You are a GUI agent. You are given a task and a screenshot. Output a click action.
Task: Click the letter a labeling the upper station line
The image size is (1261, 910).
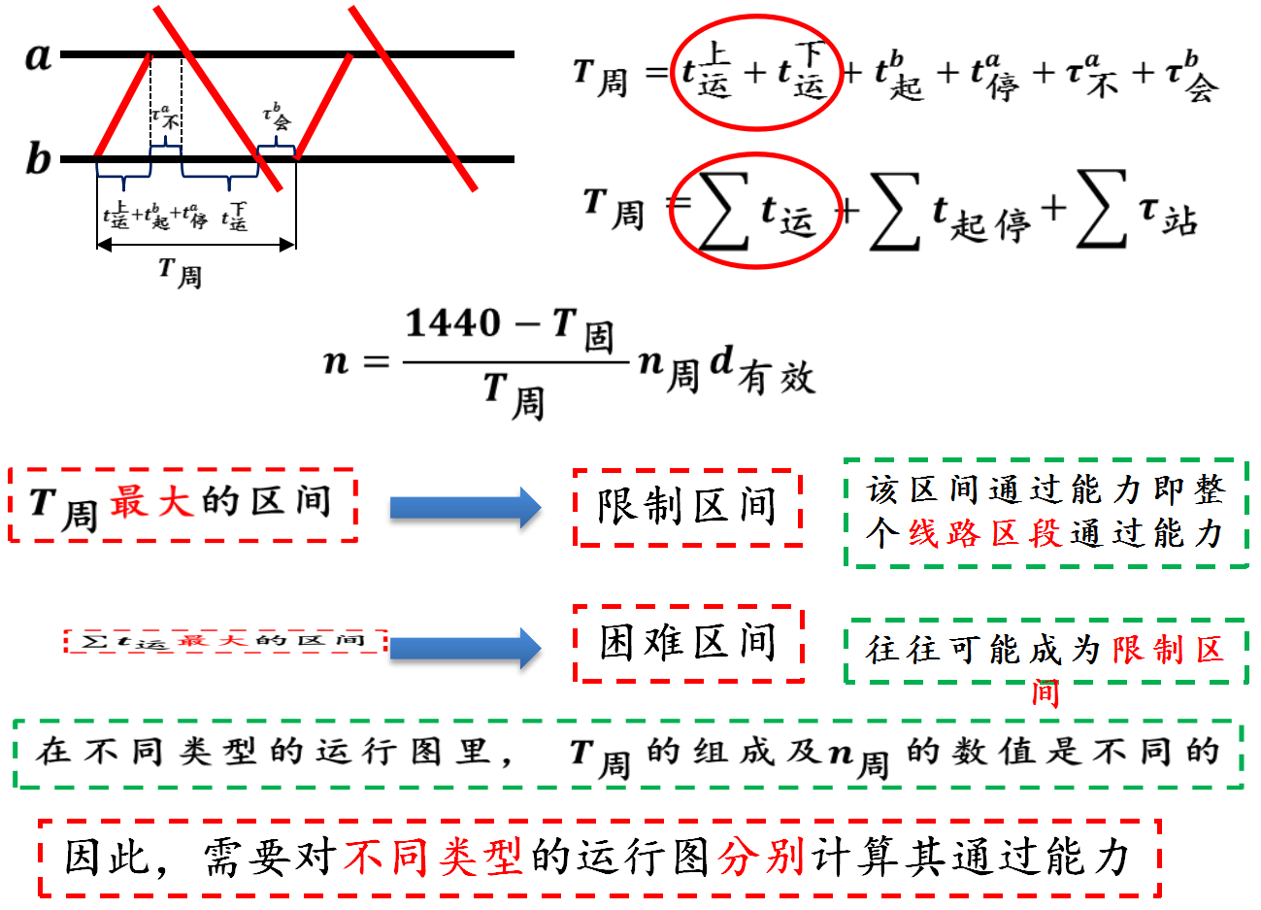click(38, 55)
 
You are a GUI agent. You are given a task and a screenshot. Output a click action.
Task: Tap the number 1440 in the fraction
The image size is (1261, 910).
click(453, 322)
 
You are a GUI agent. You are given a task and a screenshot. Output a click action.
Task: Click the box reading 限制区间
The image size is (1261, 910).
click(687, 507)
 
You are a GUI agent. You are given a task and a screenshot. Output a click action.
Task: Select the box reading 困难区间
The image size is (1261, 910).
click(688, 643)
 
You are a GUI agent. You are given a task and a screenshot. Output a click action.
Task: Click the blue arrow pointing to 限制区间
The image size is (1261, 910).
click(465, 507)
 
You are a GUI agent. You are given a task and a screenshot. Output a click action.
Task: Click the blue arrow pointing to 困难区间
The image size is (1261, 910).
click(465, 648)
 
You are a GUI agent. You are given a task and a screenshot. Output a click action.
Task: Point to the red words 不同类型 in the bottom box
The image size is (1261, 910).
click(432, 857)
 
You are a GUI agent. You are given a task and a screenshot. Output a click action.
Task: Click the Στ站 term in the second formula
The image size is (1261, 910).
click(1137, 212)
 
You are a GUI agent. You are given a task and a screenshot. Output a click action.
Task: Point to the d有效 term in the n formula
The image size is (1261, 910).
click(762, 369)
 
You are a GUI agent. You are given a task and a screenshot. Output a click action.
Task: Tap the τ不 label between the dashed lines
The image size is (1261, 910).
click(166, 117)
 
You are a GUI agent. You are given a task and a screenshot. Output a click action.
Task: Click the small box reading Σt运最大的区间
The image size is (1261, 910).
click(225, 641)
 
